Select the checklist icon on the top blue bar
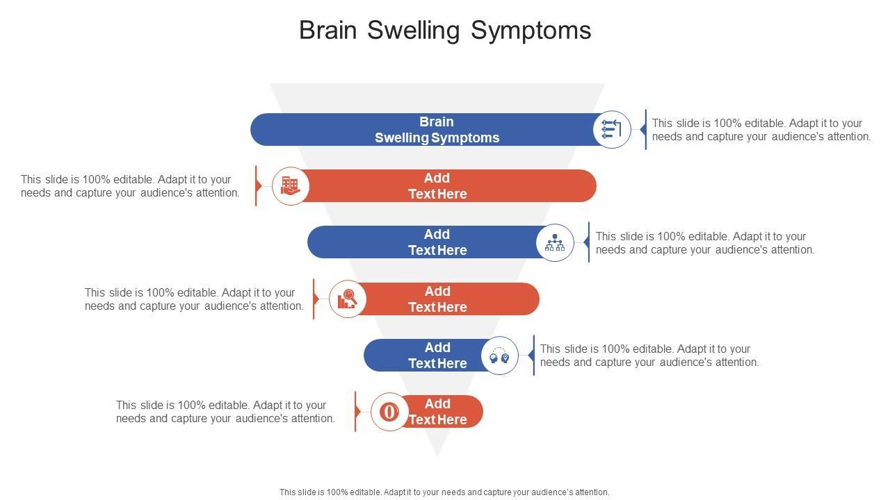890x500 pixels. (x=612, y=129)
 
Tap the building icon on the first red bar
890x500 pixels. (x=290, y=185)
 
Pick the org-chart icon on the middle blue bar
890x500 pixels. (x=555, y=242)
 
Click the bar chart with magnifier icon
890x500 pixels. (x=347, y=299)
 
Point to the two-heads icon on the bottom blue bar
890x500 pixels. (x=499, y=356)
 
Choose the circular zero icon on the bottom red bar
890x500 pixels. (x=389, y=412)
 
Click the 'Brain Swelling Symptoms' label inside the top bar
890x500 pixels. (x=437, y=130)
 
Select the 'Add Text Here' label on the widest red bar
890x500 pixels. (x=437, y=186)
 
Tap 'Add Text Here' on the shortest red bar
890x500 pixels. (x=437, y=412)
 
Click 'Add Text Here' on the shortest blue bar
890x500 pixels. (x=437, y=356)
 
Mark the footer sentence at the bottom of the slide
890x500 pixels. (x=444, y=492)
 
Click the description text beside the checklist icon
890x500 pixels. (x=761, y=130)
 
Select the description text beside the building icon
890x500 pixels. (x=130, y=186)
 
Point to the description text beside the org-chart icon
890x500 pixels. (x=704, y=243)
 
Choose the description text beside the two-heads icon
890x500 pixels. (x=649, y=356)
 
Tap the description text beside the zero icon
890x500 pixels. (x=225, y=412)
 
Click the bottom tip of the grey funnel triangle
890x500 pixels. (x=437, y=454)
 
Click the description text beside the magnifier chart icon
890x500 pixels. (x=194, y=299)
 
